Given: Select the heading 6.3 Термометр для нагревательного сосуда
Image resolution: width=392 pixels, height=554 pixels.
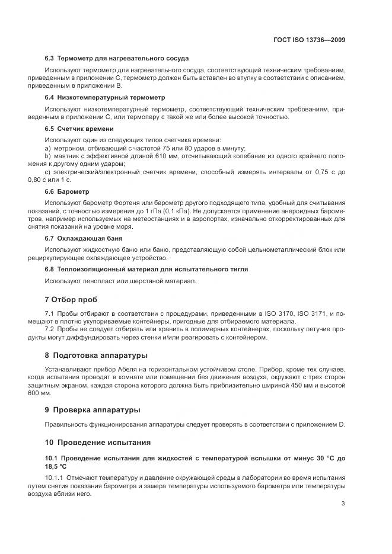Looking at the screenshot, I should tap(117, 58).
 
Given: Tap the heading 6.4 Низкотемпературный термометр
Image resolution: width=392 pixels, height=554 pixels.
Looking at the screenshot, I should tap(105, 97).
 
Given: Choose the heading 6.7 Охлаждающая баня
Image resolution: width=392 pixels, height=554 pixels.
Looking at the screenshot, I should tap(84, 238).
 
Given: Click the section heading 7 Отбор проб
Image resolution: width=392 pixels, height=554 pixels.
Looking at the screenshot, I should tap(71, 299).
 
